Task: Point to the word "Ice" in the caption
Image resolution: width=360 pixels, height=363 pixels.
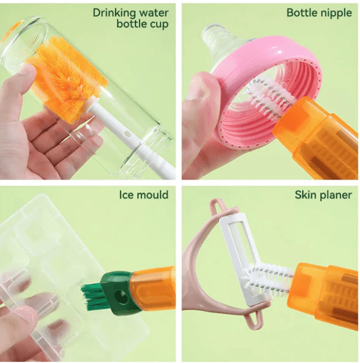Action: pos(127,194)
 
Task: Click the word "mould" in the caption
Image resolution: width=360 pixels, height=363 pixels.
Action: pos(153,194)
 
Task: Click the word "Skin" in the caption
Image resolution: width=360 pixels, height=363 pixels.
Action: pos(306,194)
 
